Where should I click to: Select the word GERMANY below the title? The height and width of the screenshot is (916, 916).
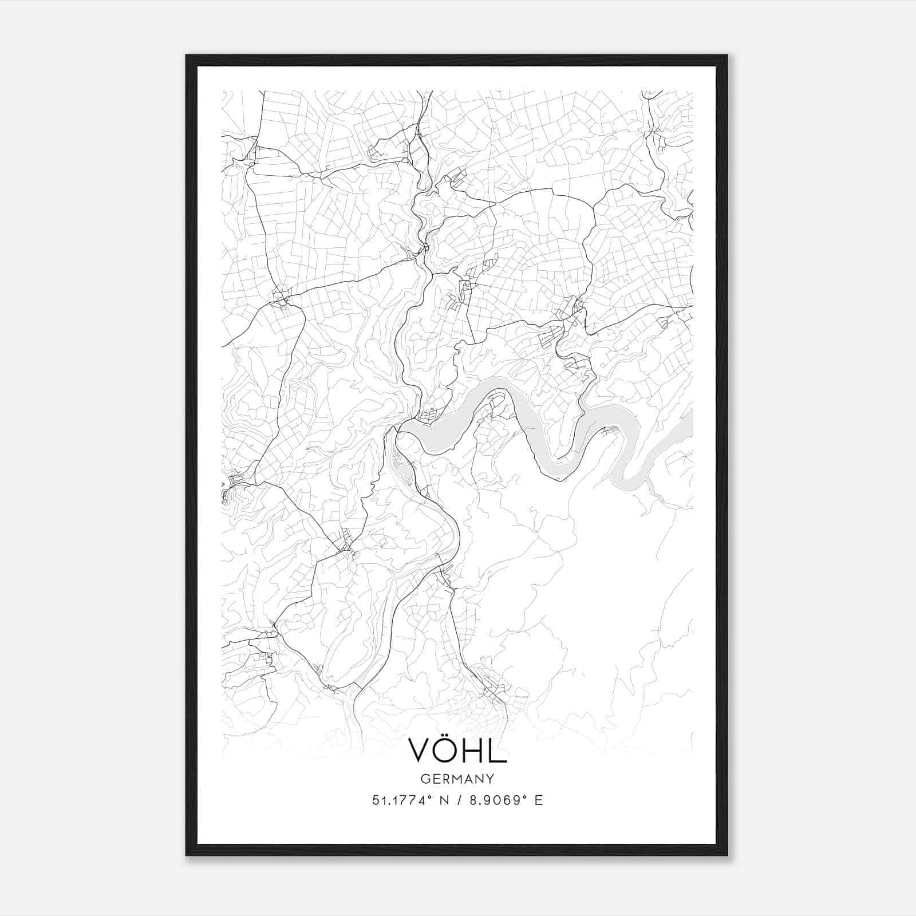(x=457, y=779)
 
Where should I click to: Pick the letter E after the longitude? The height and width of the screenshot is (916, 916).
(x=538, y=800)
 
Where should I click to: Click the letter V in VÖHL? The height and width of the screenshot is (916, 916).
(x=420, y=751)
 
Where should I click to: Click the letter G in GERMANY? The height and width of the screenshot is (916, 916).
(x=425, y=779)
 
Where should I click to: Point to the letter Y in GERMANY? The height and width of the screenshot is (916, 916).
(x=491, y=779)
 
